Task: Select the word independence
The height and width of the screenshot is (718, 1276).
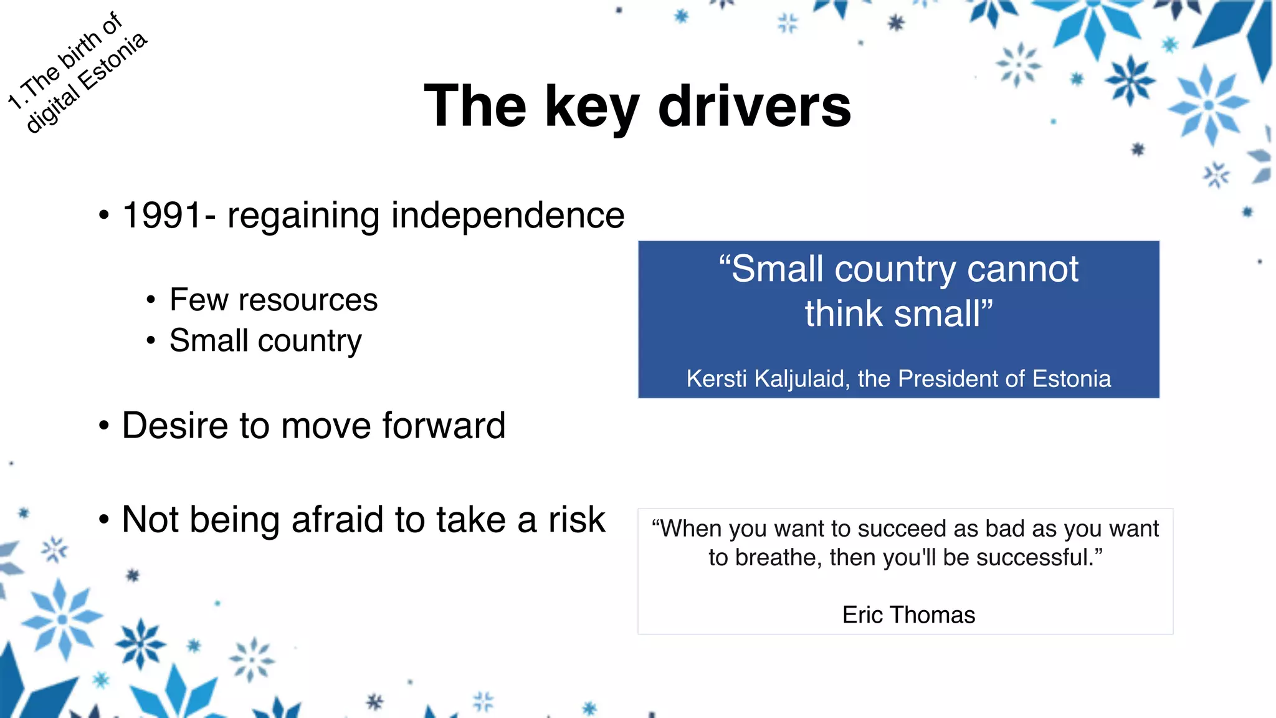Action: tap(507, 216)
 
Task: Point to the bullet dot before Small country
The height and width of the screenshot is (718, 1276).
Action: tap(151, 341)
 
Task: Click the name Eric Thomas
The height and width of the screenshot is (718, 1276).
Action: tap(908, 615)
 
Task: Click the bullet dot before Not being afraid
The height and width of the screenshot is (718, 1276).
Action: tap(104, 520)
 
